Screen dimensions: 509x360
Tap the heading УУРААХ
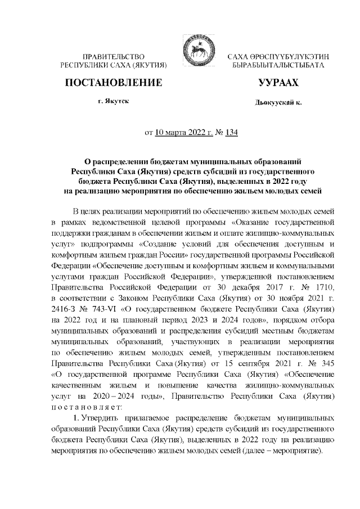pos(277,83)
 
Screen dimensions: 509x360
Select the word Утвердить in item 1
pos(105,418)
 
